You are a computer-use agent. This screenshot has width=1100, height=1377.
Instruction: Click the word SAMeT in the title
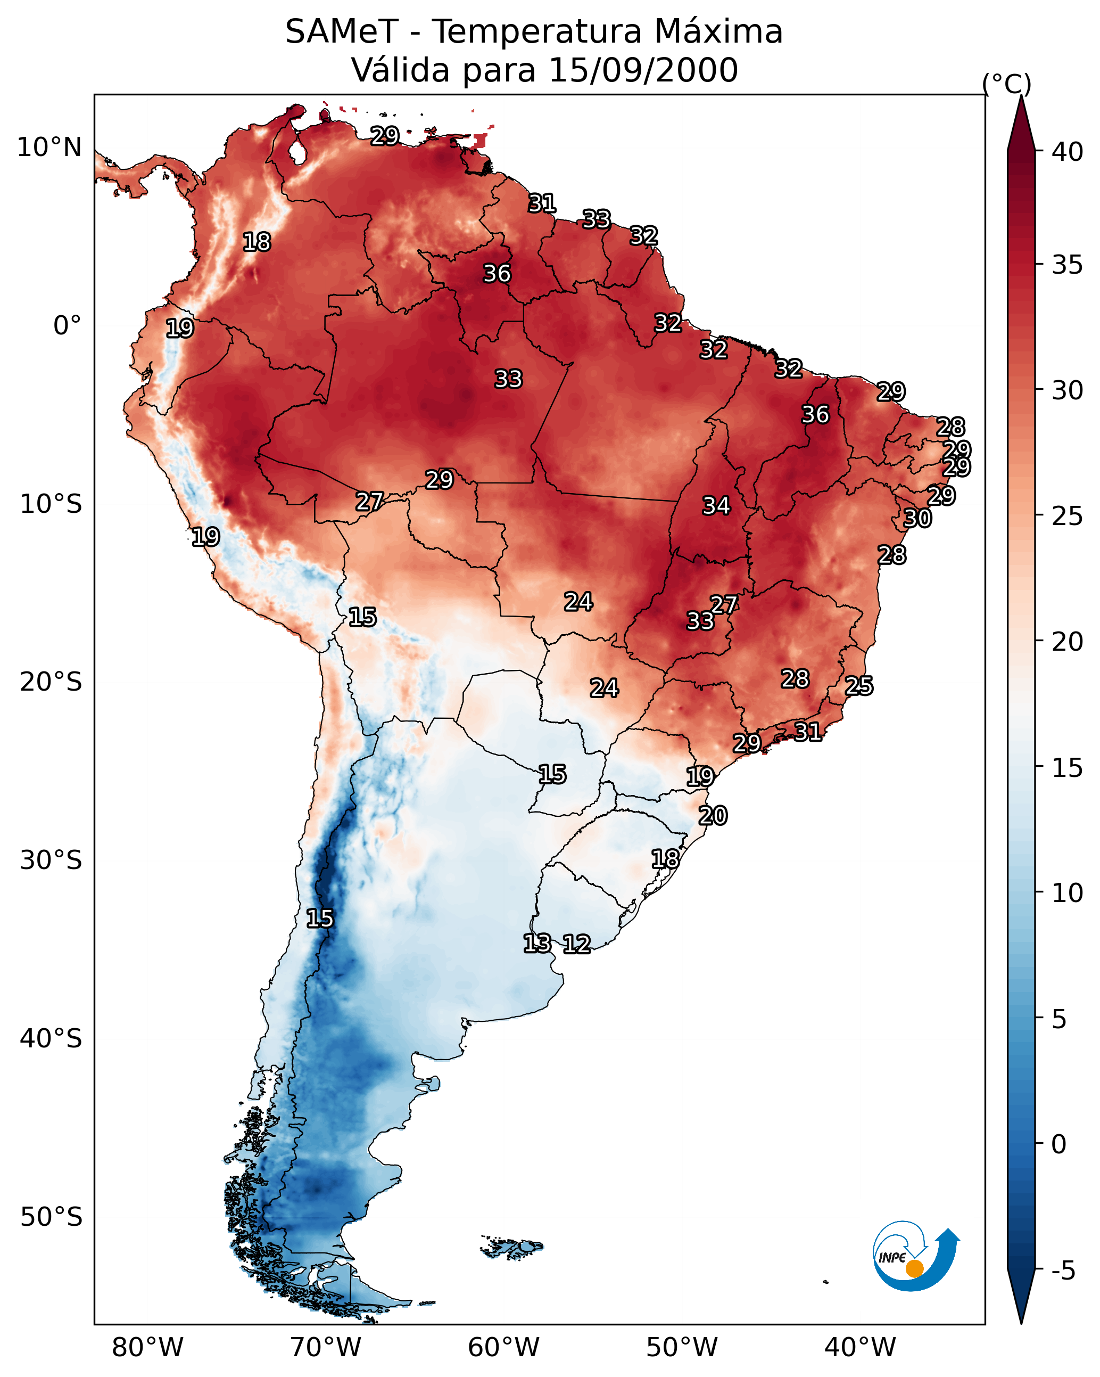(x=341, y=31)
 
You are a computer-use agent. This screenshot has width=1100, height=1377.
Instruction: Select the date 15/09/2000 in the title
(x=643, y=70)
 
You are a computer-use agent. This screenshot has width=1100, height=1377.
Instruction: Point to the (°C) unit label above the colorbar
(x=1007, y=84)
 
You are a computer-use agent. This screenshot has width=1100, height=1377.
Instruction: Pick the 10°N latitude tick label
(x=49, y=147)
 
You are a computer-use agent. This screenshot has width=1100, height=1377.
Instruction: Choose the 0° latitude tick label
(x=67, y=326)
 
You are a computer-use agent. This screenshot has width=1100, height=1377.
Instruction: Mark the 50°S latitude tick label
(x=51, y=1217)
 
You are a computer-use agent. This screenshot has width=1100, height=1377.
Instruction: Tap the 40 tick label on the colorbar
(x=1068, y=152)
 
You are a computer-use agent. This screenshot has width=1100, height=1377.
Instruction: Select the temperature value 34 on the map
(x=716, y=506)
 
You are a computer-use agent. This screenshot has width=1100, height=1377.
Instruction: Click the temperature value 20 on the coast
(x=713, y=816)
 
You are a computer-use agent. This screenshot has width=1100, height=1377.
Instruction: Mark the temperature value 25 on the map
(x=859, y=686)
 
